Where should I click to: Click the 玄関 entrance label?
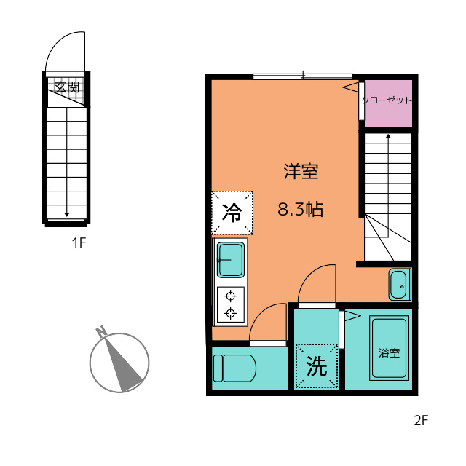(67, 87)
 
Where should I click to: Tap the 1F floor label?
(79, 242)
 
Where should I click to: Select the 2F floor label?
(421, 420)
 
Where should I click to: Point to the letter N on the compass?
(101, 331)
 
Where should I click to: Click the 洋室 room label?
(301, 171)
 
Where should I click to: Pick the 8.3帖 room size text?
(300, 209)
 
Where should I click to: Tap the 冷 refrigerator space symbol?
(232, 213)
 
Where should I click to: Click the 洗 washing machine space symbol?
(317, 366)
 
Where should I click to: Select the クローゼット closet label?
(387, 100)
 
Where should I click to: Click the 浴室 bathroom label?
(389, 352)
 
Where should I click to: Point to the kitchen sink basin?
(231, 260)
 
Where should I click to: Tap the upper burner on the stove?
(231, 296)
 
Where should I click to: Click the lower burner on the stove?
(231, 313)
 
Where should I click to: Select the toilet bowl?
(234, 368)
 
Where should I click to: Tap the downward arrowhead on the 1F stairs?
(67, 214)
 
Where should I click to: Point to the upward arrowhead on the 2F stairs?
(388, 136)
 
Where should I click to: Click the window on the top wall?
(303, 76)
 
